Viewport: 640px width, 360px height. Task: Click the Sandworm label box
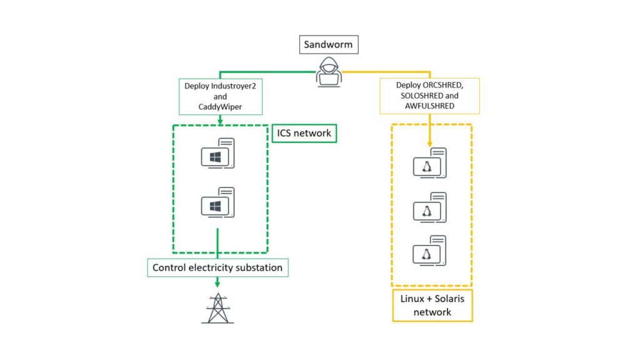[x=329, y=44]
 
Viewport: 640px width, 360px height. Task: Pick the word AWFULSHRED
[x=429, y=106]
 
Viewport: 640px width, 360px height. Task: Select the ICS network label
[x=304, y=132]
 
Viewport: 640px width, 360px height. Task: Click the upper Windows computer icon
[x=217, y=154]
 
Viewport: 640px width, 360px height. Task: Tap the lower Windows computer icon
[x=217, y=202]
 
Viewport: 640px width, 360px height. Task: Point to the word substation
[x=257, y=267]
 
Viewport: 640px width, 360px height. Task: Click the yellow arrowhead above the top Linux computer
[x=430, y=142]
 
